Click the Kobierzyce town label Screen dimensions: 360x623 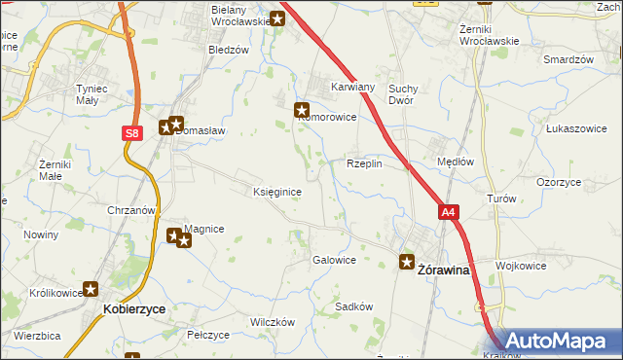[133, 307]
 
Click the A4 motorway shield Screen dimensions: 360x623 [447, 212]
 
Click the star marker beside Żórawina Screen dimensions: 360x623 [408, 261]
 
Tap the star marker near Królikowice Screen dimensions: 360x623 [92, 289]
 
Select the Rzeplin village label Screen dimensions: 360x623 [364, 164]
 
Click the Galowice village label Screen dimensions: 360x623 [333, 260]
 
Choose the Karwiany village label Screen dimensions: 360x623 [352, 85]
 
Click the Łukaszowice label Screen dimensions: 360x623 [576, 127]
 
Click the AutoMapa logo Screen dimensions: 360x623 [556, 342]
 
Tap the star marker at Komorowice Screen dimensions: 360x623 [302, 111]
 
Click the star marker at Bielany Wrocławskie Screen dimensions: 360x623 [277, 18]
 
